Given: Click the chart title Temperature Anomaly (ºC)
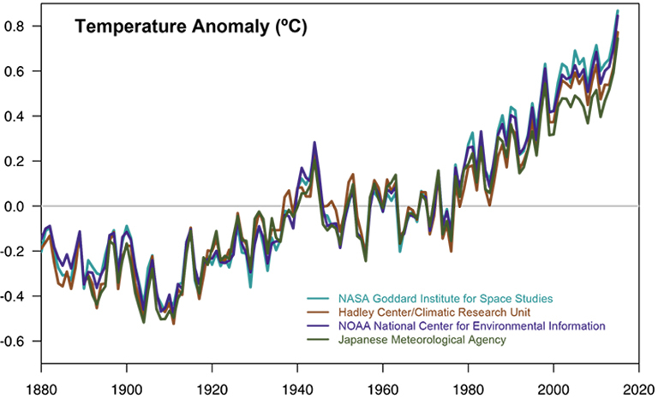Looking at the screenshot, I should pos(190,27).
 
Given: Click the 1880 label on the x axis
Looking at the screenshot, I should pos(41,388).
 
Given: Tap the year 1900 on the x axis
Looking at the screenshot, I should pos(127,388).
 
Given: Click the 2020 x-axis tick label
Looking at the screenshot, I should pos(638,388).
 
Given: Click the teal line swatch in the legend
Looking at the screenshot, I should pos(314,299).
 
